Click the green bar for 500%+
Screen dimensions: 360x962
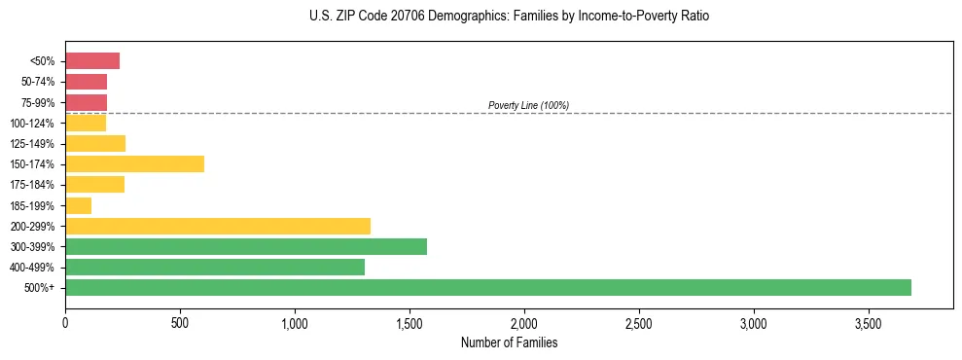(487, 287)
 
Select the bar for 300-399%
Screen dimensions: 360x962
(245, 246)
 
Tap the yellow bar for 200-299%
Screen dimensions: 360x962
(217, 226)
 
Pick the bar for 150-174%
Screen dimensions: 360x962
(134, 163)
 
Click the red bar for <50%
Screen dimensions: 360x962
(92, 61)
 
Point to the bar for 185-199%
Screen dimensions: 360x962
(78, 205)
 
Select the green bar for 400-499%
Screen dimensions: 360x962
(214, 267)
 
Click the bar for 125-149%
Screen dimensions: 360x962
(95, 143)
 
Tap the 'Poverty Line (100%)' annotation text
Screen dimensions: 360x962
(528, 105)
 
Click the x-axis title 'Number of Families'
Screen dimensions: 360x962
(509, 342)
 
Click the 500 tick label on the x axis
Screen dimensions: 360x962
(180, 323)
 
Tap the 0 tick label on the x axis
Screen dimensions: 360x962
(65, 323)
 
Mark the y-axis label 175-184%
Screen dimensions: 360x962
(38, 185)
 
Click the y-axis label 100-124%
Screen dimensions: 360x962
(38, 124)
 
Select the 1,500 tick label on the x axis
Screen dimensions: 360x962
(410, 323)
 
